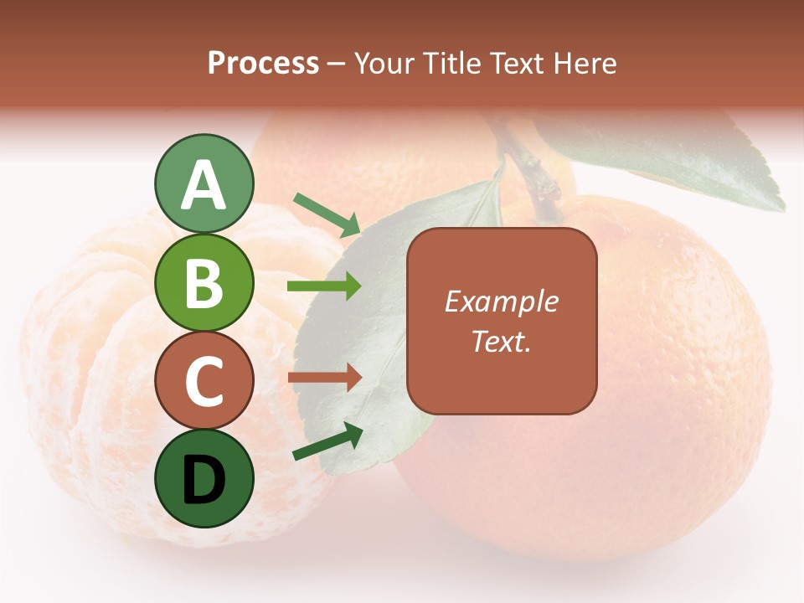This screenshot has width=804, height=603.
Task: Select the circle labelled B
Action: (204, 282)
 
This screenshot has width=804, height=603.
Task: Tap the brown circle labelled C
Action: (204, 381)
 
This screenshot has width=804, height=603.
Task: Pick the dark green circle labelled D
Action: (204, 478)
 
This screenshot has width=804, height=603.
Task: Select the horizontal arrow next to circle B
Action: (324, 286)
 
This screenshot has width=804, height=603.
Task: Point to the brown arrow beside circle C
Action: (324, 377)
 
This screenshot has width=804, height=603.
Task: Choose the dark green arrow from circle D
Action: (327, 441)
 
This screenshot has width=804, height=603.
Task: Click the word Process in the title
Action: (263, 63)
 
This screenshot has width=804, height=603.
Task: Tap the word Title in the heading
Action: (451, 63)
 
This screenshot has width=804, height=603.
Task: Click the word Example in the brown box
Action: (501, 301)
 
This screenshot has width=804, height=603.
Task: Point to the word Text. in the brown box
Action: (501, 341)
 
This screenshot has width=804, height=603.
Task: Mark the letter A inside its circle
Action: (204, 185)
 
